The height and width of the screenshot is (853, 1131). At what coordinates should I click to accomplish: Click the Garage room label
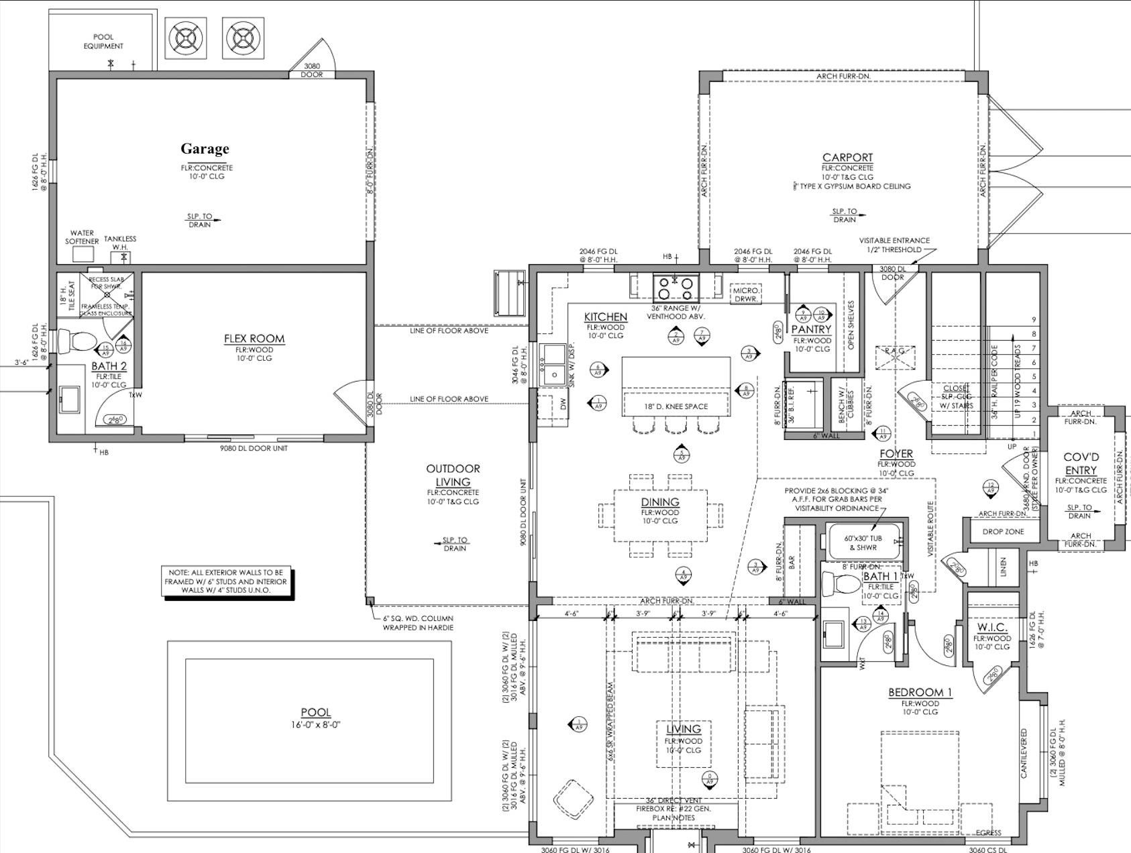(205, 149)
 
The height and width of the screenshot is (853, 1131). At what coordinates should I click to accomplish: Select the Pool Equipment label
(103, 42)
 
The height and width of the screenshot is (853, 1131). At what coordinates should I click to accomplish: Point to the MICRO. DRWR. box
(746, 294)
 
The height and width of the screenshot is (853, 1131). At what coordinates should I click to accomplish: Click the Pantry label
(811, 329)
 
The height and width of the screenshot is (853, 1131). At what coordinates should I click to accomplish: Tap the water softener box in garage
(83, 254)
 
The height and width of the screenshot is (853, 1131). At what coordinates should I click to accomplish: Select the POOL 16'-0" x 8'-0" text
(316, 718)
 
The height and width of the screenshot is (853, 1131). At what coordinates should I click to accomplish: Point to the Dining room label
(660, 502)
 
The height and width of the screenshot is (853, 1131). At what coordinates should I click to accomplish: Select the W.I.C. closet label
(991, 628)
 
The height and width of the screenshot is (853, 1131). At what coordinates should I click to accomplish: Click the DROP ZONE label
(1003, 531)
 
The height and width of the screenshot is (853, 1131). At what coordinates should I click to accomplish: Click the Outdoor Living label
(453, 475)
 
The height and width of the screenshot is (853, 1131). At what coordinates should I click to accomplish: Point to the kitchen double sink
(554, 365)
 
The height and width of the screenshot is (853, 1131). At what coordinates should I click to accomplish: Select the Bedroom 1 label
(920, 693)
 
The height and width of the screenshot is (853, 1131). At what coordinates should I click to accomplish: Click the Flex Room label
(254, 339)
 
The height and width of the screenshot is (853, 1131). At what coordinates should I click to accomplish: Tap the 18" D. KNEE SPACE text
(676, 406)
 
